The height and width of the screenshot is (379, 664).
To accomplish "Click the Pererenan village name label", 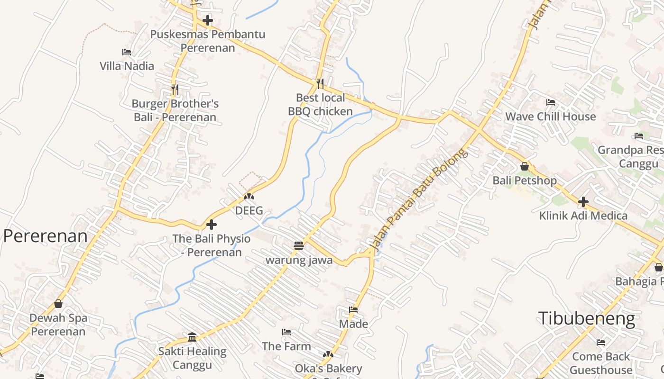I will coord(46,236).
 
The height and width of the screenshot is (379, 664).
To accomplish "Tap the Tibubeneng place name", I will coord(586,318).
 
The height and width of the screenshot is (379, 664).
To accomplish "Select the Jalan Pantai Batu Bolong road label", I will coord(418,199).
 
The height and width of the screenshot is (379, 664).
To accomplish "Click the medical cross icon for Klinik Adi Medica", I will coord(583,202).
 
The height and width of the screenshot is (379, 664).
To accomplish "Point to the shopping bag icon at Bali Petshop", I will coord(524,166).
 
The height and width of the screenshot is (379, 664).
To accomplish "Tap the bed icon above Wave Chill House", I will coord(550,102).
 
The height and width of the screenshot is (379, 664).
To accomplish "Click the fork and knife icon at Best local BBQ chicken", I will coord(320,84).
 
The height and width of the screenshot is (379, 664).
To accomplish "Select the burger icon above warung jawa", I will coord(298,246).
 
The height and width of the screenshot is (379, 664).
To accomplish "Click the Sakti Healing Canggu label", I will coord(192,358).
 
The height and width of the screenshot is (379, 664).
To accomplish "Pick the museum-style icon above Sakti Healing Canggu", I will coord(192,337).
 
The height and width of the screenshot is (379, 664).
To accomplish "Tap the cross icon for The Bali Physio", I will coord(212,225).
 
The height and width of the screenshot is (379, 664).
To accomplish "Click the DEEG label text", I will coord(249,210).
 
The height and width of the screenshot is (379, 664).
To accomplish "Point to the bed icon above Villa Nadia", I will coord(127,52).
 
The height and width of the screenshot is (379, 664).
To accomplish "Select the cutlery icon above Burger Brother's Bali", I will coord(175,89).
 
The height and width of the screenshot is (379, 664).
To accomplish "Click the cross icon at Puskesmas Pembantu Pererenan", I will coord(207,20).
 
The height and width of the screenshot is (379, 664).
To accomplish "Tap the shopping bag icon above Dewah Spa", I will coord(58,304).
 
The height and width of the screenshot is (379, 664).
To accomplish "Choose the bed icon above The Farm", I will coord(286,332).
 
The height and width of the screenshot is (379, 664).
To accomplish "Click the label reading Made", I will coord(353,324).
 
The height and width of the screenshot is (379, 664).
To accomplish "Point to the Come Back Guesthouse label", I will coord(601,363).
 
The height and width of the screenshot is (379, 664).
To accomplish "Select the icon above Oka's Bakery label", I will coord(328,354).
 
